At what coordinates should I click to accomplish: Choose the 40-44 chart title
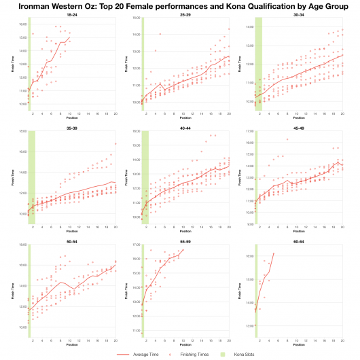tap(185, 126)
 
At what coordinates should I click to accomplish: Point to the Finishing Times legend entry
tap(192, 354)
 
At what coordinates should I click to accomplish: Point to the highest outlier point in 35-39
tap(115, 144)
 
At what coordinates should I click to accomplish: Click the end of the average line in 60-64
tap(273, 253)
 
